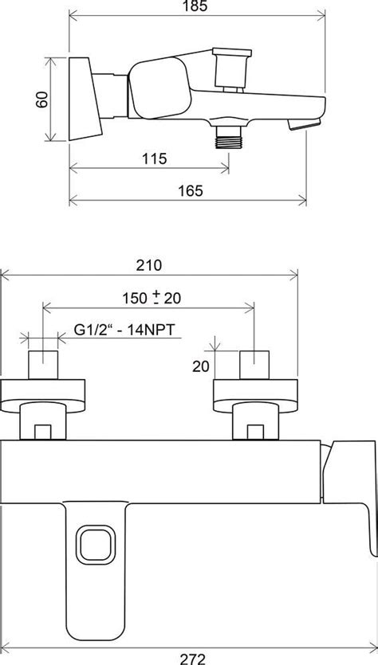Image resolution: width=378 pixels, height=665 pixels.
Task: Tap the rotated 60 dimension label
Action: (x=41, y=100)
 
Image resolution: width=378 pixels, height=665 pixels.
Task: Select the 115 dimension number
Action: (x=155, y=158)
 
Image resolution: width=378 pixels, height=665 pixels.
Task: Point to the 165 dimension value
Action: (x=191, y=191)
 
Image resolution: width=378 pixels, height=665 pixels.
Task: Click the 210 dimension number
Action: (x=149, y=265)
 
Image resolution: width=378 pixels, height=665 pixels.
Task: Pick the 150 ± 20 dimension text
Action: (x=152, y=299)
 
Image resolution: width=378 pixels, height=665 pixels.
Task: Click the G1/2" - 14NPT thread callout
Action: (x=124, y=330)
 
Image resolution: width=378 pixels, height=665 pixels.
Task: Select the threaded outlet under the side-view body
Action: (x=229, y=138)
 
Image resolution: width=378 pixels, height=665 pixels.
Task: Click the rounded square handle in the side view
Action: (x=159, y=88)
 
